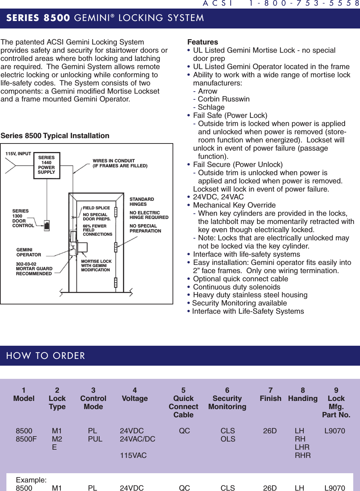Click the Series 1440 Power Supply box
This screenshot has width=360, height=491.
47,165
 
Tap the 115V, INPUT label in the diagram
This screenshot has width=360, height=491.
18,154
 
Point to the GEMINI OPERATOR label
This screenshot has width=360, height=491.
28,252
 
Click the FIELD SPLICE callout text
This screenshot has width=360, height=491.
96,208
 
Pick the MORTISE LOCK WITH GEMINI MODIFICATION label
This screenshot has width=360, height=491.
96,266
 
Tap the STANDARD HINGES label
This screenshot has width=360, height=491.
142,202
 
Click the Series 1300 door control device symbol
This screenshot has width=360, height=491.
47,225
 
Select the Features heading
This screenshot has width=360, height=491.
202,42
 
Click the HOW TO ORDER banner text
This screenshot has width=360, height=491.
46,356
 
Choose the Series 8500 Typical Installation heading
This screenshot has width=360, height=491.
55,136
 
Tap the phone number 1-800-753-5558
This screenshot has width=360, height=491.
304,4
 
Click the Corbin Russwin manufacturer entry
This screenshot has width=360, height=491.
223,99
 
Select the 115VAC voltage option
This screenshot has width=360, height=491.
133,455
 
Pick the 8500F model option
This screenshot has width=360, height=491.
26,439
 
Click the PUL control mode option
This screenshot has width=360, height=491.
95,439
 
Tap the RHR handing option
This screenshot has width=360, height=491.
303,455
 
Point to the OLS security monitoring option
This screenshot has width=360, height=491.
228,439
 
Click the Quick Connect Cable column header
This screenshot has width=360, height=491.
183,407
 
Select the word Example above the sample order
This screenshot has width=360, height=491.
31,480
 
